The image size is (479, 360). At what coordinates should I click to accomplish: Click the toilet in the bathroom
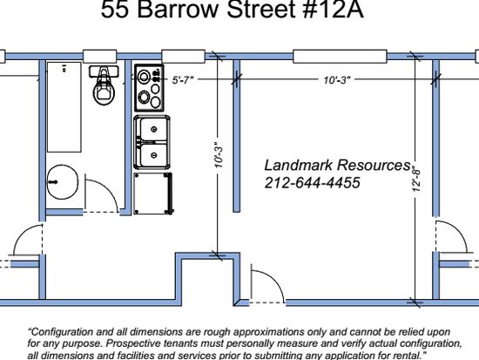pos(104,85)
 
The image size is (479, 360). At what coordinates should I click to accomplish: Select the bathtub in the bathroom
pos(64,107)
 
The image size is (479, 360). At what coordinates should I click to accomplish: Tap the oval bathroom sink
pos(63,182)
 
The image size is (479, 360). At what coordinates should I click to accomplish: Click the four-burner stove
pos(149,88)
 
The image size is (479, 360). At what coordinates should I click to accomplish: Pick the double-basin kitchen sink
pos(152,142)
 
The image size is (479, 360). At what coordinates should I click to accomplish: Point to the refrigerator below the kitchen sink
pos(153,194)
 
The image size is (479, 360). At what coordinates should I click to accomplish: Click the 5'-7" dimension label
pos(183,80)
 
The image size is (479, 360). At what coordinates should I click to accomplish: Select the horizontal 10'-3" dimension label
pos(337,80)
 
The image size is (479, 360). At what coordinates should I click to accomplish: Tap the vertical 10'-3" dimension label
pos(219,155)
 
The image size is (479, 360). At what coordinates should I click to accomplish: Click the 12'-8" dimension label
pos(416,179)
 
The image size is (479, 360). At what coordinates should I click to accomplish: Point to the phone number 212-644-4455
pos(312,183)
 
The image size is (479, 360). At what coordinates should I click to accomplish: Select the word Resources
pos(374,165)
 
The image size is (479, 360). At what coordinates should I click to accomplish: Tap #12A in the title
pos(333,10)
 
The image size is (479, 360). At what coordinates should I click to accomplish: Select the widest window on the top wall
pos(340,57)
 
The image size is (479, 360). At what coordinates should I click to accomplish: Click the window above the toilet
pos(100,57)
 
